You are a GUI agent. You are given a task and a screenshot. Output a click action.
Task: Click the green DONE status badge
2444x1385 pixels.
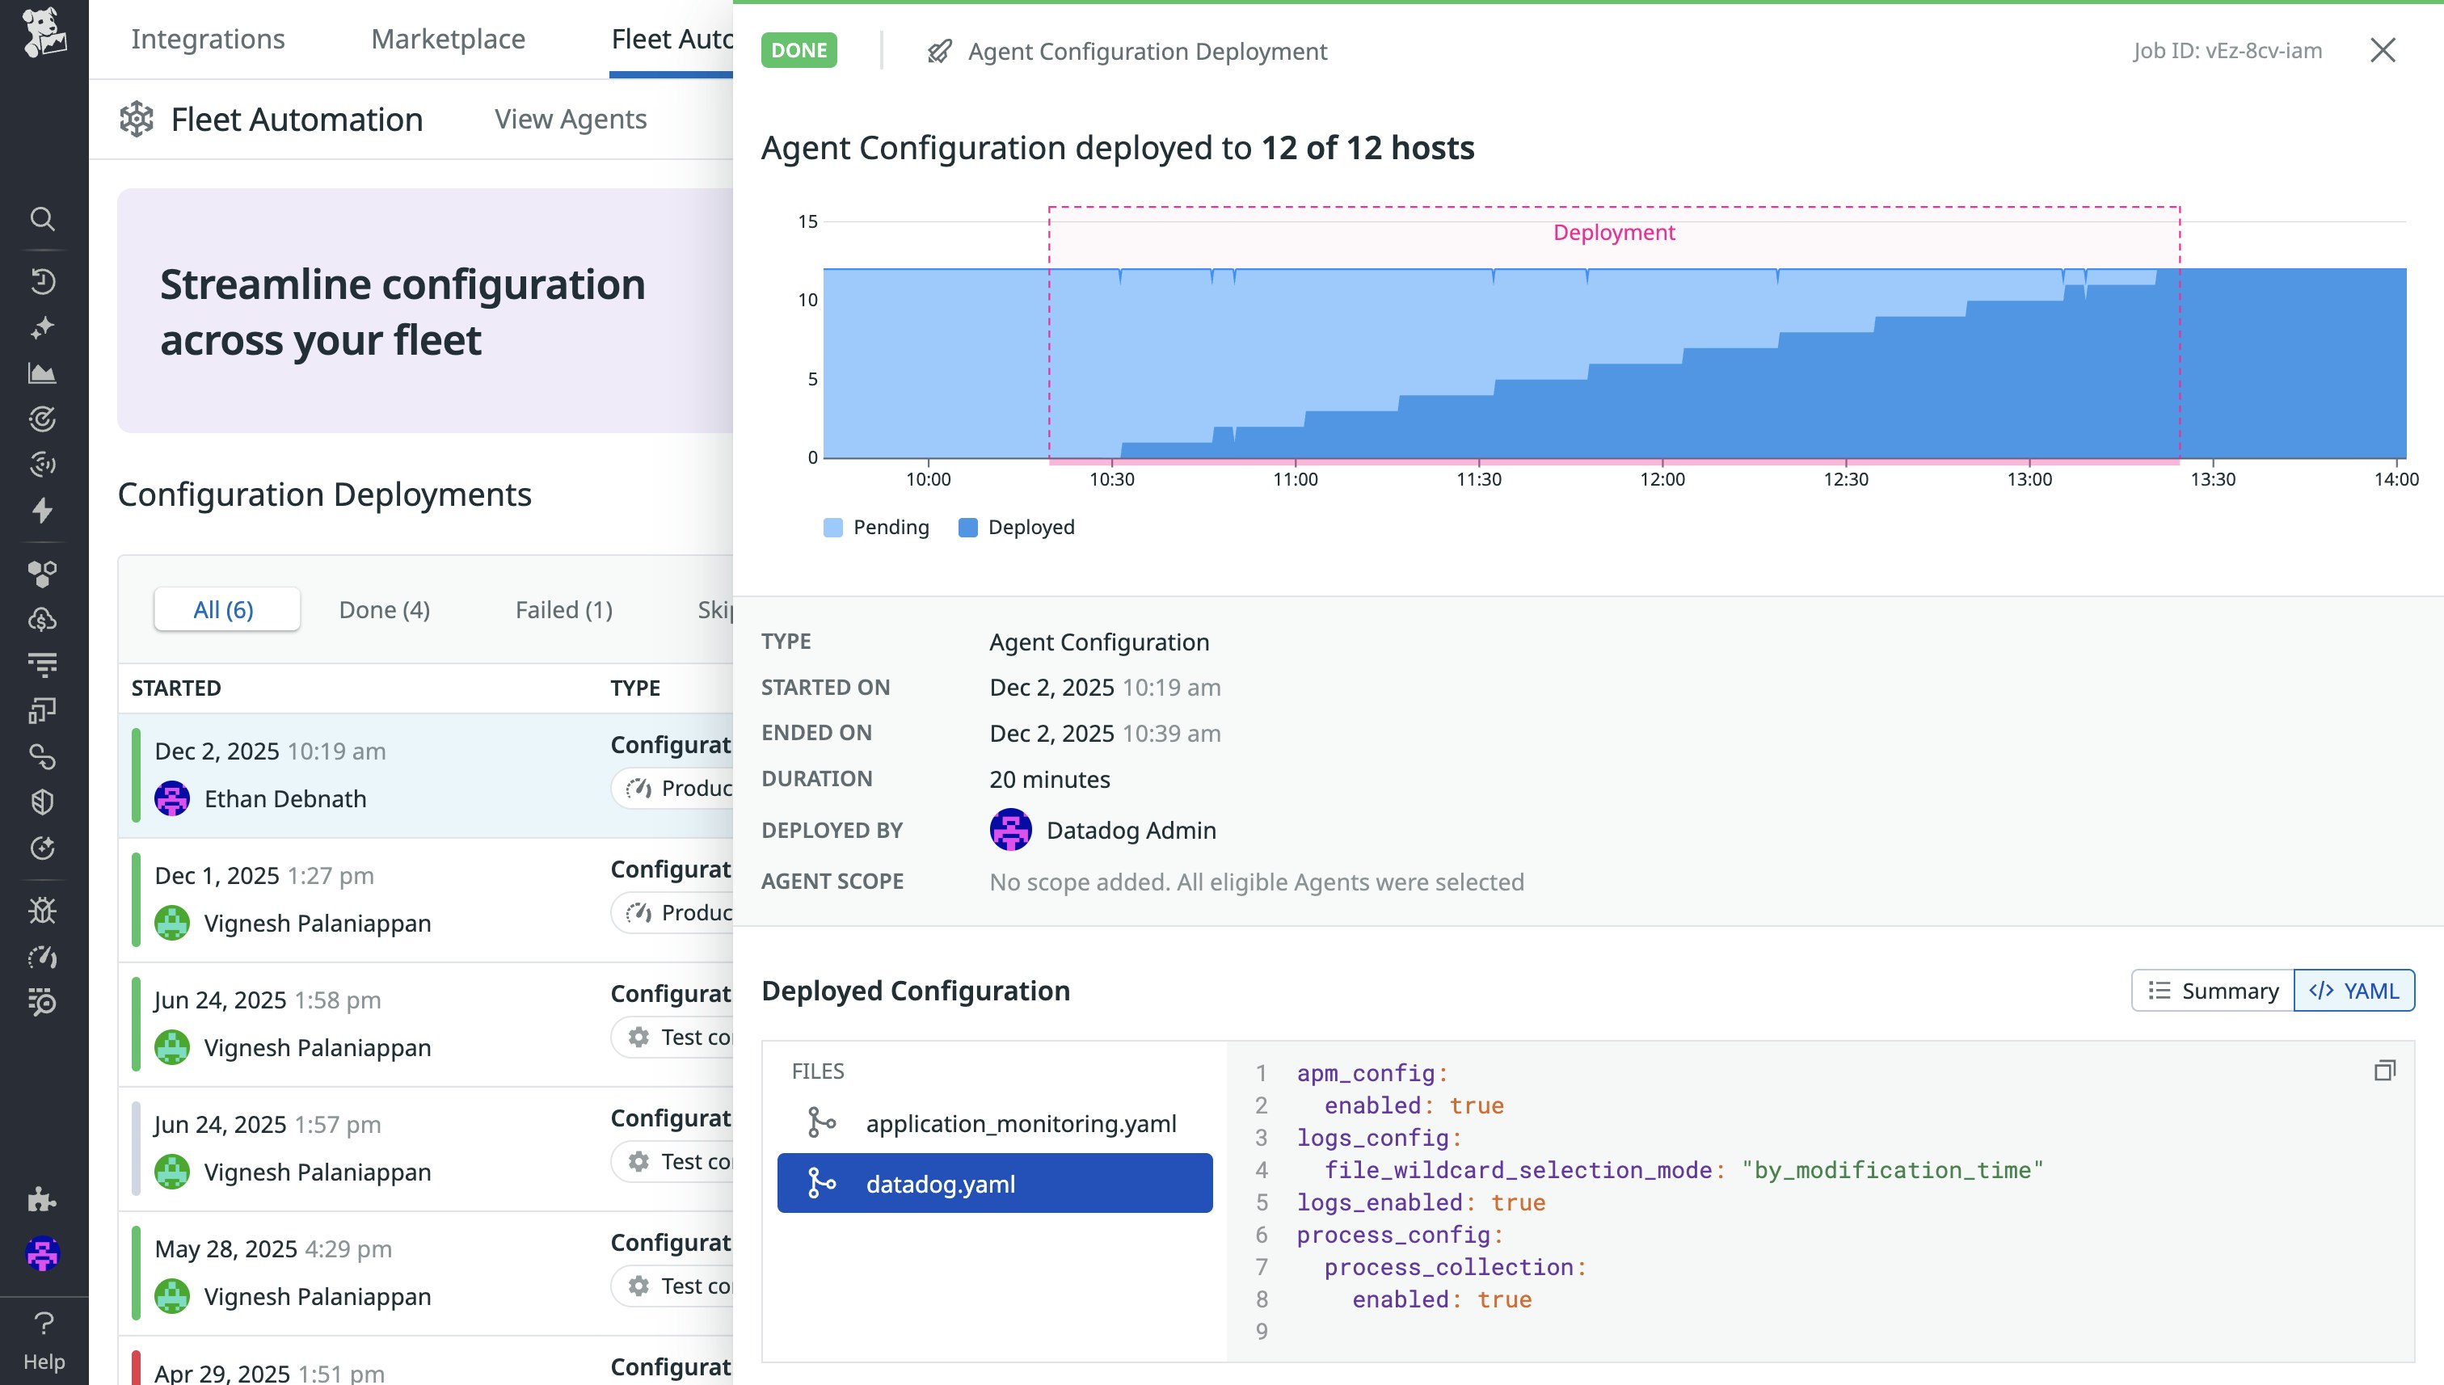click(799, 50)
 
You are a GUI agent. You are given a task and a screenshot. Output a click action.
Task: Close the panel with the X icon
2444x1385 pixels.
click(2382, 50)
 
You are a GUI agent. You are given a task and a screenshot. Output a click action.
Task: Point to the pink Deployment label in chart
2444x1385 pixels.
click(1613, 232)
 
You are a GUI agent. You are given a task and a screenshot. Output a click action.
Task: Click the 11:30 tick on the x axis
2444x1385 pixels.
click(1478, 479)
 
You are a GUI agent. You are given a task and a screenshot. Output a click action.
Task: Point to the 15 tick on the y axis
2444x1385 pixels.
click(807, 221)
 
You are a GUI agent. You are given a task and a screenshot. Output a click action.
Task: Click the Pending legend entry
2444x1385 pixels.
click(876, 527)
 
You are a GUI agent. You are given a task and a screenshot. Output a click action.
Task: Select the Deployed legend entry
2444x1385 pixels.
click(1016, 527)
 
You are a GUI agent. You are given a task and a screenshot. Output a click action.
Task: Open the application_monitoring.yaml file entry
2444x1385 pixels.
click(1020, 1123)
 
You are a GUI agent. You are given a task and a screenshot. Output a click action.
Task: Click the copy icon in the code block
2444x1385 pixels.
click(2384, 1071)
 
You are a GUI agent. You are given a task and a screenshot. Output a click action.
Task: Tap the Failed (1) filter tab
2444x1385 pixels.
click(563, 610)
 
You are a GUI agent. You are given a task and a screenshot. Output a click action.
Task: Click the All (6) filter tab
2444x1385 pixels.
click(224, 610)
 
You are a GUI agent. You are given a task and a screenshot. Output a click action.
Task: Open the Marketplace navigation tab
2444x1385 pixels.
click(447, 39)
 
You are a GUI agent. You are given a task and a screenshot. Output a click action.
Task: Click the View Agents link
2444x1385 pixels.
click(570, 119)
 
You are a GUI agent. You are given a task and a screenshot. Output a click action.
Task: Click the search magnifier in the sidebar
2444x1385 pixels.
click(42, 219)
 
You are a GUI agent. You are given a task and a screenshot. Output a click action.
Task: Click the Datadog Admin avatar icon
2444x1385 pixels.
click(1010, 830)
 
